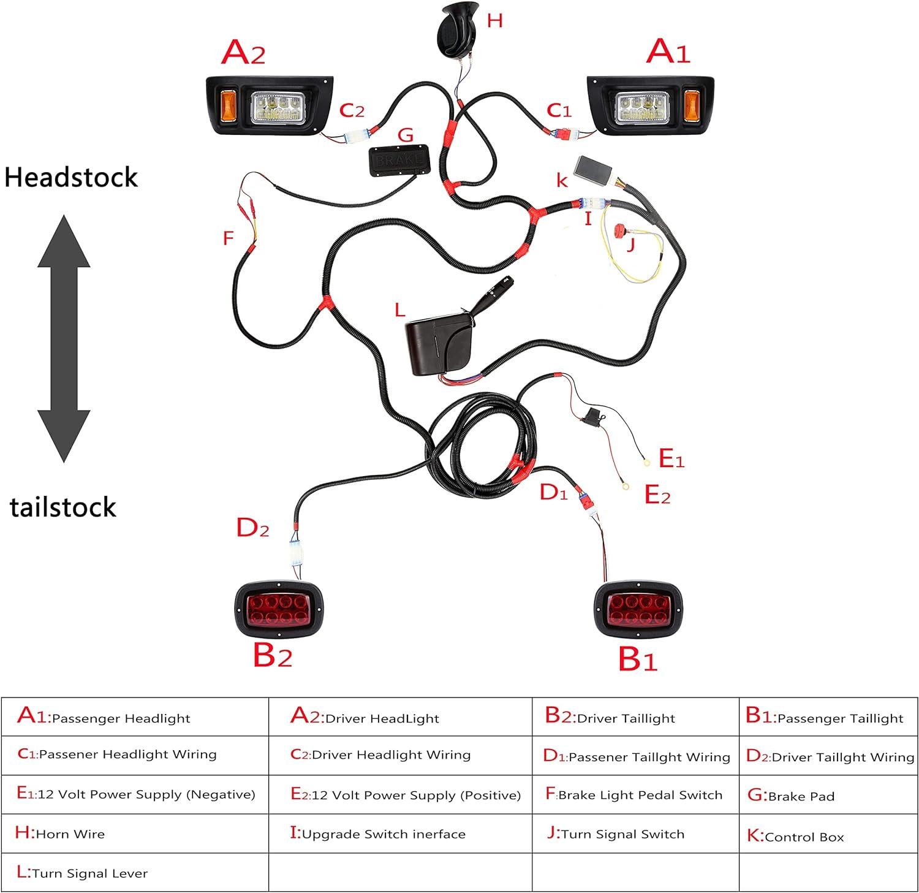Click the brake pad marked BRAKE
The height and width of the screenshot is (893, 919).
(x=399, y=161)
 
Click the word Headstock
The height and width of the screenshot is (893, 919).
(x=71, y=178)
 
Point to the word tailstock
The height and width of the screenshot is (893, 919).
(x=63, y=507)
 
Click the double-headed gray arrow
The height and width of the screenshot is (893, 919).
(x=64, y=338)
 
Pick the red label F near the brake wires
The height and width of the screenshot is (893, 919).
(x=229, y=238)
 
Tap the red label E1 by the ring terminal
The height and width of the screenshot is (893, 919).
(x=671, y=458)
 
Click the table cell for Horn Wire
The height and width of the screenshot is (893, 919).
(x=135, y=834)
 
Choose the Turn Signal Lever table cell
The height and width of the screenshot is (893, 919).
(x=135, y=872)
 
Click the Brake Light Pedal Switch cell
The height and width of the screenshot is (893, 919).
(x=635, y=795)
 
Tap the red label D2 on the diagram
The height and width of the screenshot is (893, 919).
(x=252, y=528)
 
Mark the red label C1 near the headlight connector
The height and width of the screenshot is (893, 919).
(x=559, y=110)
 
